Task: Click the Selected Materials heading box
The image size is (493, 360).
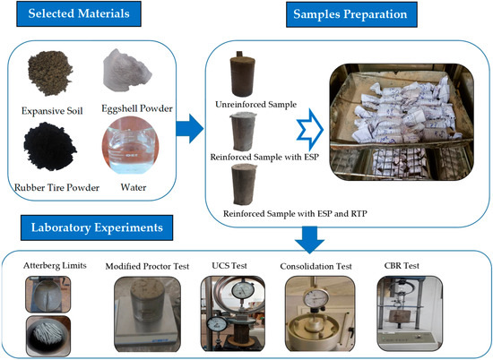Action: [79, 13]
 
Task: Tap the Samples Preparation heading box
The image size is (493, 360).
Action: [351, 14]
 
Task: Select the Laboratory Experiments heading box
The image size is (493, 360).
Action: [97, 227]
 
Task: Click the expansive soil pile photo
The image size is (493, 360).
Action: [50, 73]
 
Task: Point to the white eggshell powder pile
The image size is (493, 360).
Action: [126, 71]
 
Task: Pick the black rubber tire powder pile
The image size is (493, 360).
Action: [49, 147]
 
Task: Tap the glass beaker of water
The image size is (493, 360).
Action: [131, 145]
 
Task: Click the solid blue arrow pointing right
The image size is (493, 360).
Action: [190, 128]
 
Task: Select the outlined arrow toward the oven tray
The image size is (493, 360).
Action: [310, 130]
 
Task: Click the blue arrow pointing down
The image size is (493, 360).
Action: [309, 240]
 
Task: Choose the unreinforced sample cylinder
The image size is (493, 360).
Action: [241, 74]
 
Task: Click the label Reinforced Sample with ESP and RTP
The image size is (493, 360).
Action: [295, 214]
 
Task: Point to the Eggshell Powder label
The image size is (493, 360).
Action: [137, 108]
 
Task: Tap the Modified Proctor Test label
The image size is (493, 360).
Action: [147, 266]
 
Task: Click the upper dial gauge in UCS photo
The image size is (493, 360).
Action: [242, 290]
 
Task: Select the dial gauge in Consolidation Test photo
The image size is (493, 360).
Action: [316, 298]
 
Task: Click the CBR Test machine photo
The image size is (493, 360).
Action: [410, 313]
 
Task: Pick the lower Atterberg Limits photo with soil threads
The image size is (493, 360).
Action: [48, 336]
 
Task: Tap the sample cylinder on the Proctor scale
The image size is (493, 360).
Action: [147, 301]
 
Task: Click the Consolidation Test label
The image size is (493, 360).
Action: [316, 266]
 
